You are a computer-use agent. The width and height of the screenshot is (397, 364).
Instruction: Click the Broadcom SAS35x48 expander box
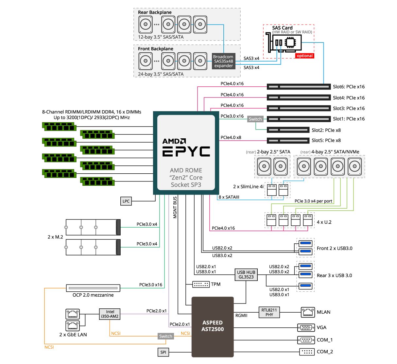pos(224,61)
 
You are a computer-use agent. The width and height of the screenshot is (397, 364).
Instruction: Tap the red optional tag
pos(305,56)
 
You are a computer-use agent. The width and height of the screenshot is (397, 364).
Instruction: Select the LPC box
pos(126,201)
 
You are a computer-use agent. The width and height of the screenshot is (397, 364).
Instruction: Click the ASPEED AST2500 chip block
pos(213,326)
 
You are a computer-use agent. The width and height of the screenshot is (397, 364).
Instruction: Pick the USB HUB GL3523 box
pos(246,275)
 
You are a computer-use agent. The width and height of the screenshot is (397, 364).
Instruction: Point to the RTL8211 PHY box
pos(269,312)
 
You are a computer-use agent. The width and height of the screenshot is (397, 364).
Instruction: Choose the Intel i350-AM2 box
pos(110,314)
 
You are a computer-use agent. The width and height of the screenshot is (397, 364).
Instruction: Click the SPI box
pos(163,352)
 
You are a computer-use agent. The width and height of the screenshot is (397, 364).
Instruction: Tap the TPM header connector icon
pos(201,284)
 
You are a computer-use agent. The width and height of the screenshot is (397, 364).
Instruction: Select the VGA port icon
pos(306,328)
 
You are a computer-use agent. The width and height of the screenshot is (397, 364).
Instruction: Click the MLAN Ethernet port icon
pos(308,312)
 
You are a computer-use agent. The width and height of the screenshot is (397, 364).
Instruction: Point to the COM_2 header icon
pos(307,352)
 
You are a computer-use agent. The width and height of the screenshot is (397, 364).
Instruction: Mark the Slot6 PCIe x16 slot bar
pos(299,87)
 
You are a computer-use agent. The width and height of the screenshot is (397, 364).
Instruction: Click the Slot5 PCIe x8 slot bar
pos(288,141)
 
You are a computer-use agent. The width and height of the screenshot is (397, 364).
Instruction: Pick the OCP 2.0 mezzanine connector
pos(93,288)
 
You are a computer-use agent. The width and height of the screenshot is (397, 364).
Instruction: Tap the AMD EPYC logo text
pos(186,148)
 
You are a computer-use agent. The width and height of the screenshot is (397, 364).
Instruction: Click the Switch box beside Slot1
pos(255,119)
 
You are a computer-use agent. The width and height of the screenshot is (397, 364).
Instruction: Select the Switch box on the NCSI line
pos(165,336)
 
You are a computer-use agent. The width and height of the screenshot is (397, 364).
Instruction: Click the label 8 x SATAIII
pos(229,197)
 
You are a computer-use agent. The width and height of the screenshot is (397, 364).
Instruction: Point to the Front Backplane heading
pos(156,49)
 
